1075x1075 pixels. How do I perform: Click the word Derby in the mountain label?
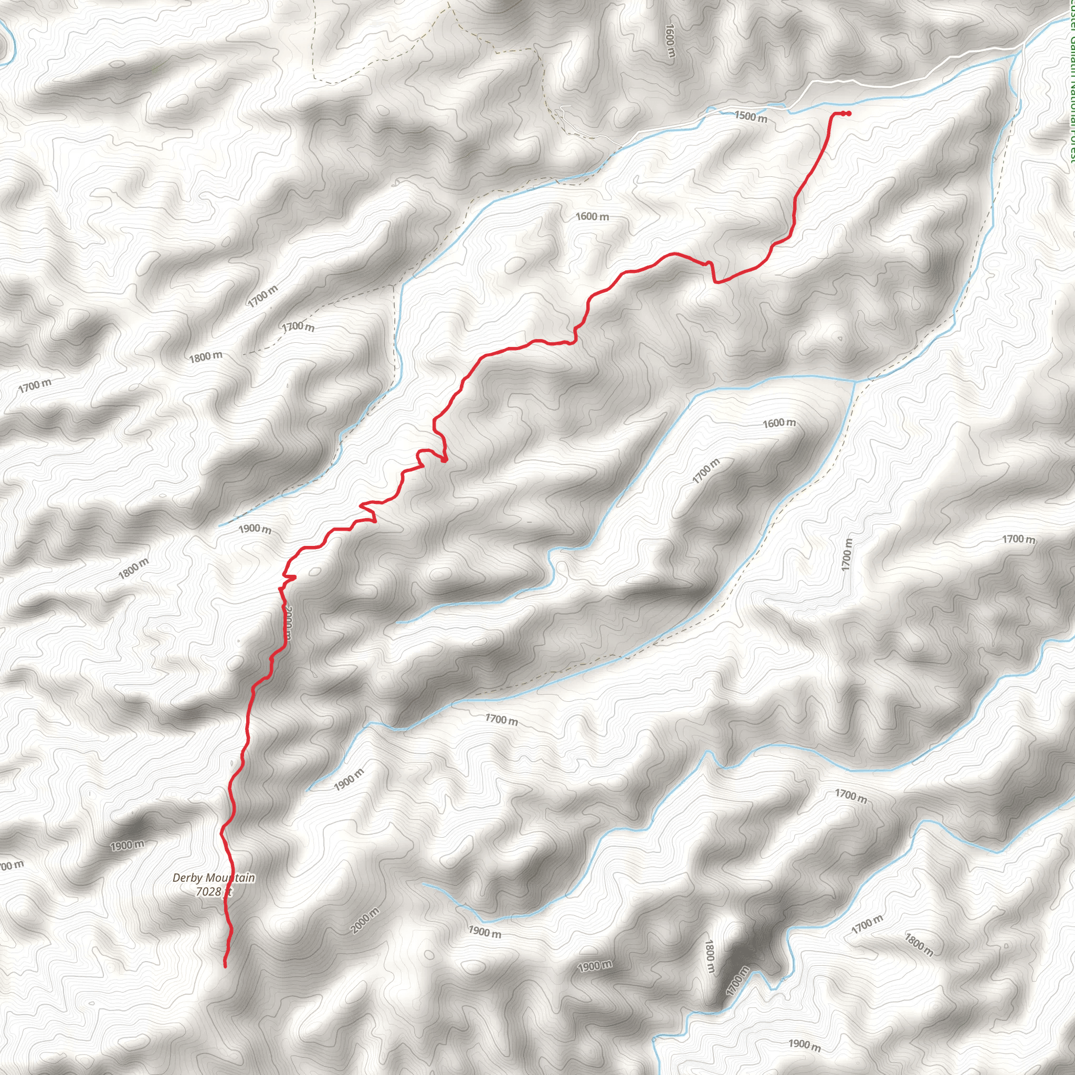pyautogui.click(x=185, y=878)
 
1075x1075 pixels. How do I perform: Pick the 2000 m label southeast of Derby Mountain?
pyautogui.click(x=365, y=920)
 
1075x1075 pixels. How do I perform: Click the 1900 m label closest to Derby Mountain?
pyautogui.click(x=127, y=846)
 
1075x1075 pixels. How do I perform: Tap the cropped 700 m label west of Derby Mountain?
pyautogui.click(x=11, y=866)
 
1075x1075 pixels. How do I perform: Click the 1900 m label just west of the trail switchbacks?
pyautogui.click(x=255, y=529)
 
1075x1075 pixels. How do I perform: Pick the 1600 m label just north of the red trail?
pyautogui.click(x=592, y=216)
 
